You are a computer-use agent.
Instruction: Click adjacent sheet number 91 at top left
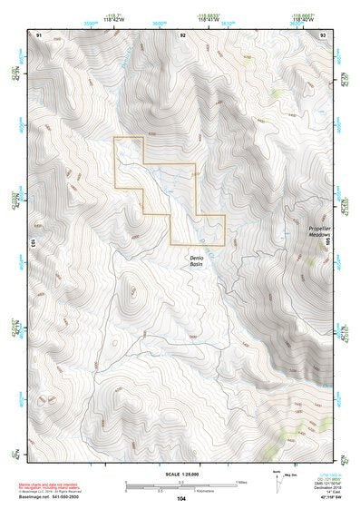click(39, 34)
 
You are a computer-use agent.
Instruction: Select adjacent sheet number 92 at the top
click(183, 34)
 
